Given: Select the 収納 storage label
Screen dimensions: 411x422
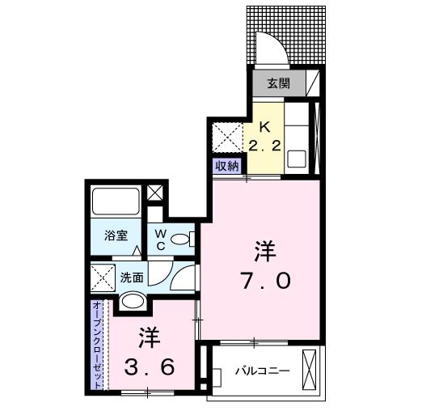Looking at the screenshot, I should point(226,166).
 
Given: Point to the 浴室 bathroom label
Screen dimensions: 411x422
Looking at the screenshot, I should point(116,237).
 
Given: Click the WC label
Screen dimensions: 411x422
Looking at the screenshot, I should point(160,239).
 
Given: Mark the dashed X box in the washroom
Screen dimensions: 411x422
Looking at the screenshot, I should point(103,280).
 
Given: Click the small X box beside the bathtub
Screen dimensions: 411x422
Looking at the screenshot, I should point(155,194).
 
